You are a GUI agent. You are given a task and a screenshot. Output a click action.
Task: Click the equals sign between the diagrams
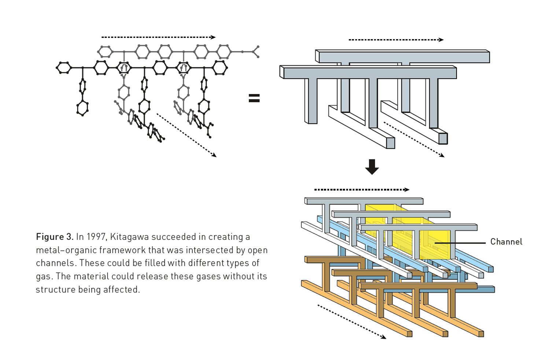click(x=254, y=98)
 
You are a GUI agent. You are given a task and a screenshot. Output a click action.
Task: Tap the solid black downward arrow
click(x=372, y=167)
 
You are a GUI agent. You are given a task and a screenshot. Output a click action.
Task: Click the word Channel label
click(x=506, y=242)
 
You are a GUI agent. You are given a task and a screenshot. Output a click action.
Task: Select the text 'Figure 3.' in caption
click(x=55, y=237)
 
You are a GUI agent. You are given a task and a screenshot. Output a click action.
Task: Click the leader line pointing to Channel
click(x=460, y=242)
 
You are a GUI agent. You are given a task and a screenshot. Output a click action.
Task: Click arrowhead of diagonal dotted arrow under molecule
click(x=214, y=155)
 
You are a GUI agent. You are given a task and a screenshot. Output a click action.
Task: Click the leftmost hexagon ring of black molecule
click(x=64, y=68)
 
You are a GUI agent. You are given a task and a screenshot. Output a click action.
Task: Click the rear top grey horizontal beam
click(x=403, y=57)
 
